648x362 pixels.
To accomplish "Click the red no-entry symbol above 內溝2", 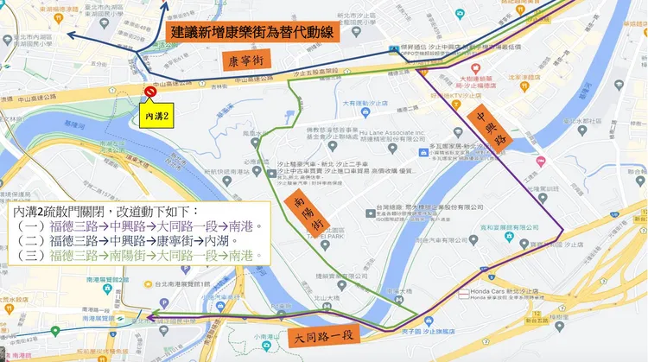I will [x=150, y=91].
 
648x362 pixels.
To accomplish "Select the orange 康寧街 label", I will [x=245, y=61].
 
